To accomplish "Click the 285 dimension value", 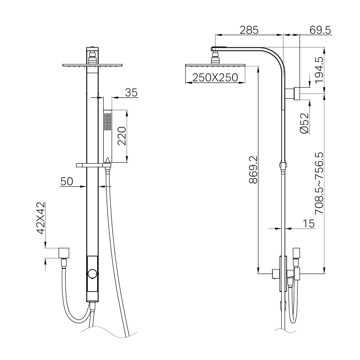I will coord(249,30).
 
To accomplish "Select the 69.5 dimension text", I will coord(320,30).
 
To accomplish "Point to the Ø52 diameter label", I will coord(304,123).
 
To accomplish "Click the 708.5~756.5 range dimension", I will coord(319,183).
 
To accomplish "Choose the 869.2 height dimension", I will coord(253,169).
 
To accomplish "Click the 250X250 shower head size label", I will coord(215,78).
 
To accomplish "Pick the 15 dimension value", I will coord(309,224).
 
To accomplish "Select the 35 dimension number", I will coord(131,93).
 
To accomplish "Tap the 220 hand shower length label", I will coord(122,136).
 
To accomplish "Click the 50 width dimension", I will coord(67,182).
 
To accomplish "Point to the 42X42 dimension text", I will coord(41,218).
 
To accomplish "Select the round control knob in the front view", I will coord(92,274).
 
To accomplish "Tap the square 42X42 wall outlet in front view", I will coord(64,253).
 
